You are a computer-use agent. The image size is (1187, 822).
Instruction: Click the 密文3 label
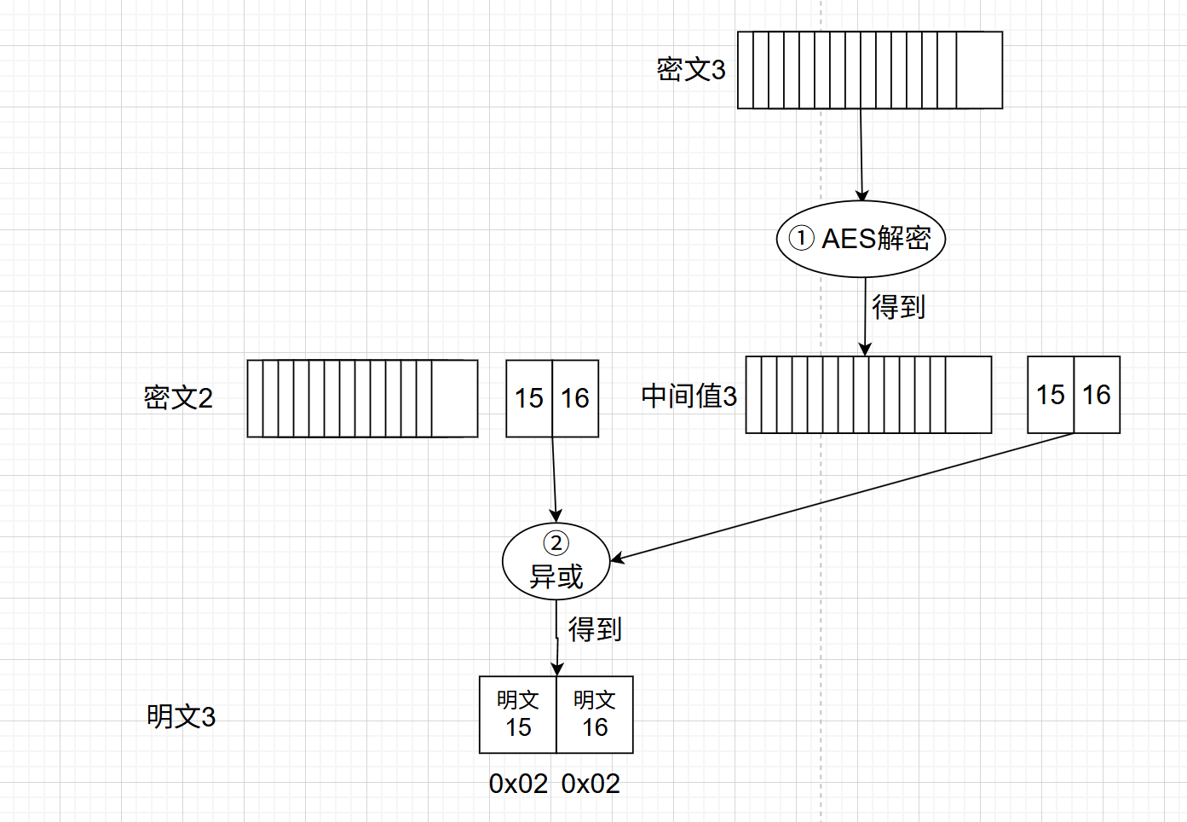coord(690,69)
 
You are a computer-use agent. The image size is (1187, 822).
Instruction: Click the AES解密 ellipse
coord(861,239)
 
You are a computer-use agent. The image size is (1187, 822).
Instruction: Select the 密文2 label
coord(178,397)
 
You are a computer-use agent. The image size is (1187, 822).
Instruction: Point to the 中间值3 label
coord(689,396)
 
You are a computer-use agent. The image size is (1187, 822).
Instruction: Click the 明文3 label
coord(181,716)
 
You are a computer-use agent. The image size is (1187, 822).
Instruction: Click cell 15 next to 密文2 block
coord(529,398)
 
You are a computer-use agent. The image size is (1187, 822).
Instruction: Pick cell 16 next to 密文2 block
coord(575,398)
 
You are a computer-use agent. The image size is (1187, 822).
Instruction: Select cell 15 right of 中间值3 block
coord(1051,395)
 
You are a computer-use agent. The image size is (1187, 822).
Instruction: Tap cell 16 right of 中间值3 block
coord(1097,395)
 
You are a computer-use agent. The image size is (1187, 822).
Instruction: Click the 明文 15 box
coord(518,715)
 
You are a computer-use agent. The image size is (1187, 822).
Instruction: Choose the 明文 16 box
coord(595,715)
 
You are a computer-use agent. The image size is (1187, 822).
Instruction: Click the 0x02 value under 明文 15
coord(518,784)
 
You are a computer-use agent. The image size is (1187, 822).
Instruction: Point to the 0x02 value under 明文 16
coord(591,784)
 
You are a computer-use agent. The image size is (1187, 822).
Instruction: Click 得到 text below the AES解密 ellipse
coord(898,307)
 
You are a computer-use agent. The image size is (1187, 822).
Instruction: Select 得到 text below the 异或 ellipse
coord(595,629)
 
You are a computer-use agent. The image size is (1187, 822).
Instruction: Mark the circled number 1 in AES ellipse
coord(801,238)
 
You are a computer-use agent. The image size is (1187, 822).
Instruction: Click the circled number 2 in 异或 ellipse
coord(556,543)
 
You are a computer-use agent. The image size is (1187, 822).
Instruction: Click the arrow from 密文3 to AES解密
coord(861,153)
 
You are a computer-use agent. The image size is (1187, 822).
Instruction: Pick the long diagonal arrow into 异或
coord(844,497)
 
